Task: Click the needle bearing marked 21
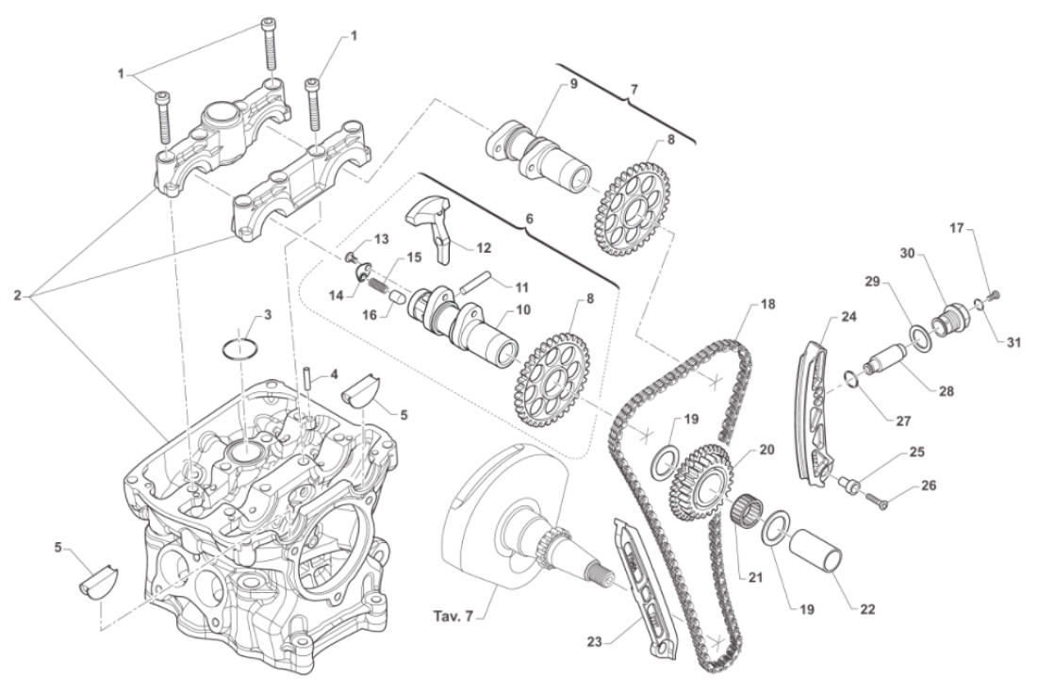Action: [x=747, y=518]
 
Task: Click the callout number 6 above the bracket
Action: [x=528, y=217]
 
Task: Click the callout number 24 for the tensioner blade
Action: [x=849, y=318]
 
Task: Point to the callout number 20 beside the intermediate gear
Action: [x=765, y=450]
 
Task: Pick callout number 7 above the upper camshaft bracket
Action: [x=634, y=90]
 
